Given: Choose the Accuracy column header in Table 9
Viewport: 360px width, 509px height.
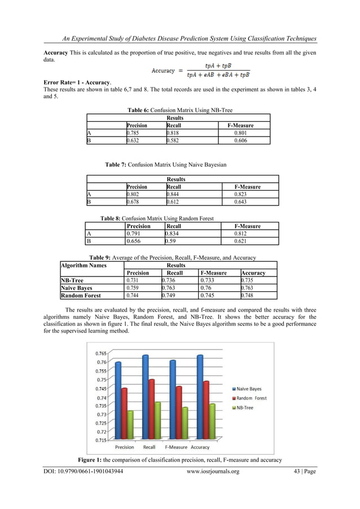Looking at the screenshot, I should [253, 273].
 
